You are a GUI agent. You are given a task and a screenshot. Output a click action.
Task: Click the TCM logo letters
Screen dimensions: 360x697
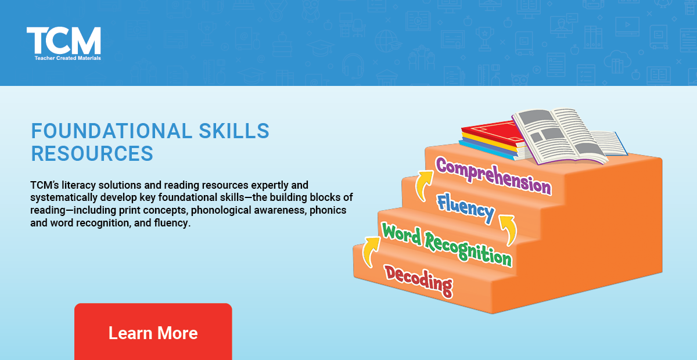pyautogui.click(x=64, y=41)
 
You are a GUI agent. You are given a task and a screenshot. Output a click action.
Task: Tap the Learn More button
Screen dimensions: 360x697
pyautogui.click(x=153, y=333)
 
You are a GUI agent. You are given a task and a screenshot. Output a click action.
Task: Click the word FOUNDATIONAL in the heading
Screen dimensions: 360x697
pyautogui.click(x=111, y=131)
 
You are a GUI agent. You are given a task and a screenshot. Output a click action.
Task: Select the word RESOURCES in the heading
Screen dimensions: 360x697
pyautogui.click(x=92, y=153)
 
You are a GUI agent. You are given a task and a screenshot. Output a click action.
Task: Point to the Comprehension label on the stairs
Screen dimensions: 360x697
pyautogui.click(x=493, y=175)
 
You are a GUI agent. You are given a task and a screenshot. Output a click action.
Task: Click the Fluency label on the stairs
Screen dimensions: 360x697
pyautogui.click(x=466, y=208)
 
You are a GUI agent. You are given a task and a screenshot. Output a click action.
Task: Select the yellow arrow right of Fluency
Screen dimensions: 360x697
pyautogui.click(x=509, y=229)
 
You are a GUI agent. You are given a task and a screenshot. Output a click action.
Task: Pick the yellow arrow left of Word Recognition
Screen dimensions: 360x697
pyautogui.click(x=369, y=250)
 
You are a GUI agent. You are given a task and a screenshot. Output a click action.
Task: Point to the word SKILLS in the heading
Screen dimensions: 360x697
pyautogui.click(x=233, y=131)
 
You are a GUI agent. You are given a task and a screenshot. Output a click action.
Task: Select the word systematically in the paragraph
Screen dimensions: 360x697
pyautogui.click(x=63, y=197)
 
